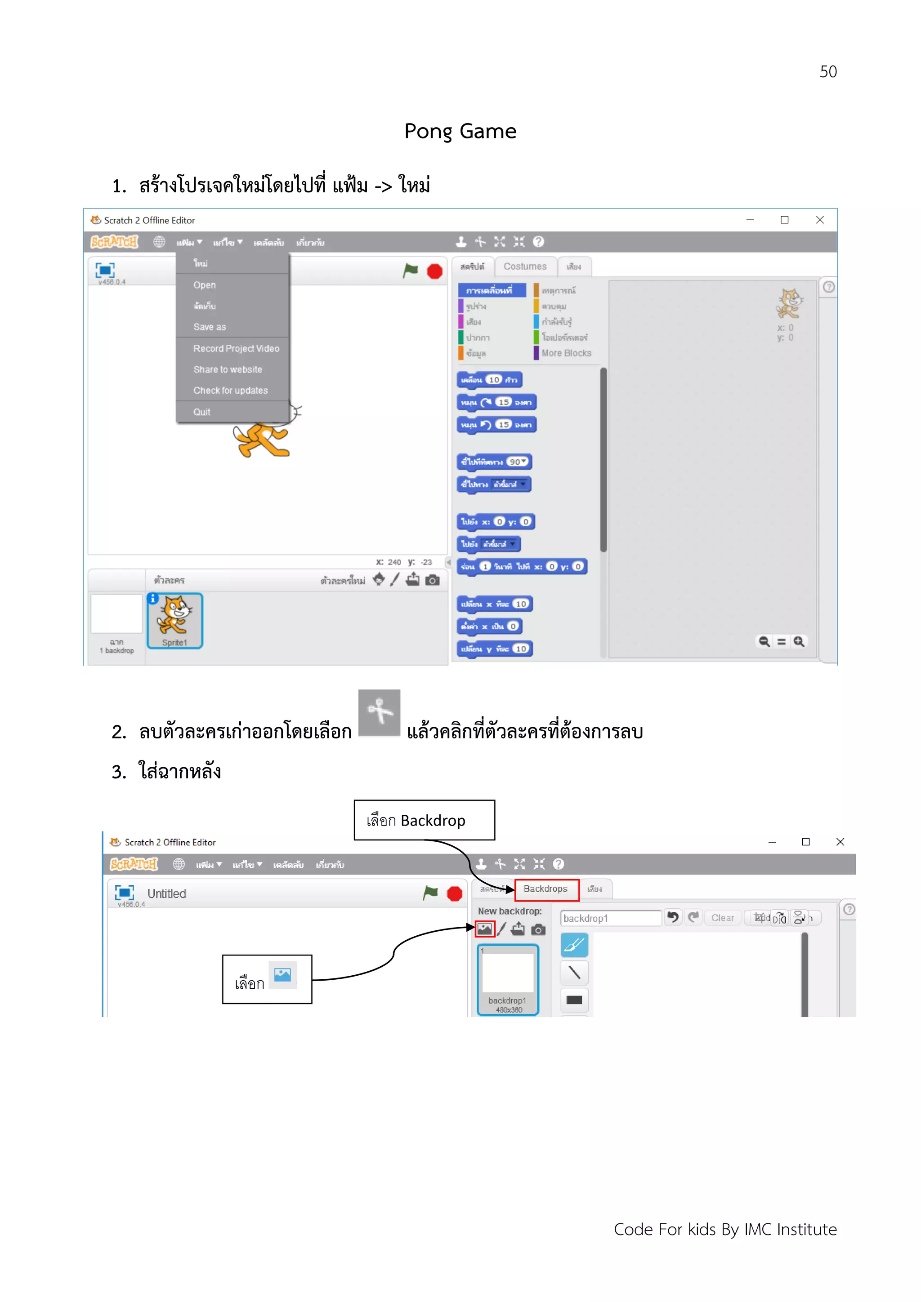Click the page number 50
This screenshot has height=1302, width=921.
coord(827,72)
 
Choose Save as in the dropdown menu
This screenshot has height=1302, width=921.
coord(210,327)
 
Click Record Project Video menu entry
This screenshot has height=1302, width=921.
coord(236,349)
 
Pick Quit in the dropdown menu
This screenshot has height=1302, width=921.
coord(201,412)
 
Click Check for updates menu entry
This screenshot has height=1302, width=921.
coord(230,391)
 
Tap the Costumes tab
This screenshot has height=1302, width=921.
coord(524,267)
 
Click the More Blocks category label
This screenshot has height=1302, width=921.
coord(566,353)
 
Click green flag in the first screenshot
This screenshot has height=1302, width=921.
coord(410,271)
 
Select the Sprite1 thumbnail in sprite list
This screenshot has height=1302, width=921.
coord(175,620)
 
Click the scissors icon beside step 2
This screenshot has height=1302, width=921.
coord(379,712)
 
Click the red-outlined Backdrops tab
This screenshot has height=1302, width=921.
coord(546,889)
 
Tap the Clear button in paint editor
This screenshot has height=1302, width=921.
coord(722,918)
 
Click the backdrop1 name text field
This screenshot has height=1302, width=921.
coord(610,918)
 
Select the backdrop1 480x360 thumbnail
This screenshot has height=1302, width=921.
coord(508,980)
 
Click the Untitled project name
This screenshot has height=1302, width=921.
coord(166,894)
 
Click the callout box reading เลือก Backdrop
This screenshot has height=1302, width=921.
coord(424,820)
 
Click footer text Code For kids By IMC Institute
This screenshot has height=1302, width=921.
coord(724,1229)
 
